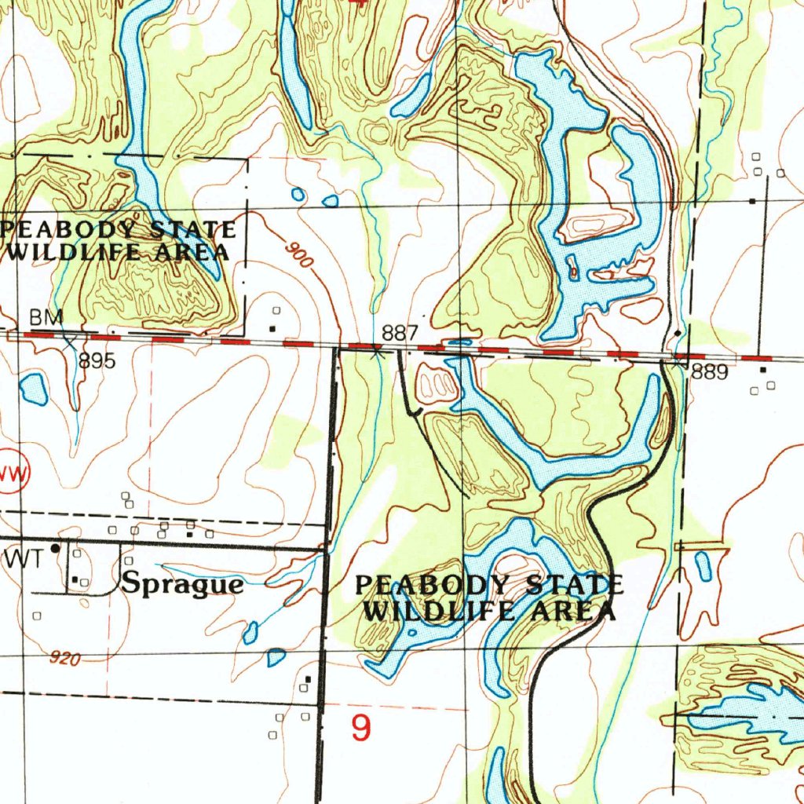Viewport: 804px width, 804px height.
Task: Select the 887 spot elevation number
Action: [399, 333]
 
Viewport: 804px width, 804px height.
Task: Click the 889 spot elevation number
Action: [710, 374]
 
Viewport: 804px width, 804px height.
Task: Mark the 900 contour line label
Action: [299, 255]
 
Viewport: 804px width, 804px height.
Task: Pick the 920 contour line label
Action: [64, 659]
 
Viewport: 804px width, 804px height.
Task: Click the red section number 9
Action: [360, 729]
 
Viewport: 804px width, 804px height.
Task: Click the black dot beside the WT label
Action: [54, 548]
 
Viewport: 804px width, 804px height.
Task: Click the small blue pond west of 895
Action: [34, 389]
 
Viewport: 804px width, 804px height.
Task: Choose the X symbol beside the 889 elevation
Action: [677, 363]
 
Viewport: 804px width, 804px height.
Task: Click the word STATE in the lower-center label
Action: [575, 586]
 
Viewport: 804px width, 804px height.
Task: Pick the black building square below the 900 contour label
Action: [272, 328]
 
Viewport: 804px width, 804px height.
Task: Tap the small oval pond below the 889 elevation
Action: [703, 565]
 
